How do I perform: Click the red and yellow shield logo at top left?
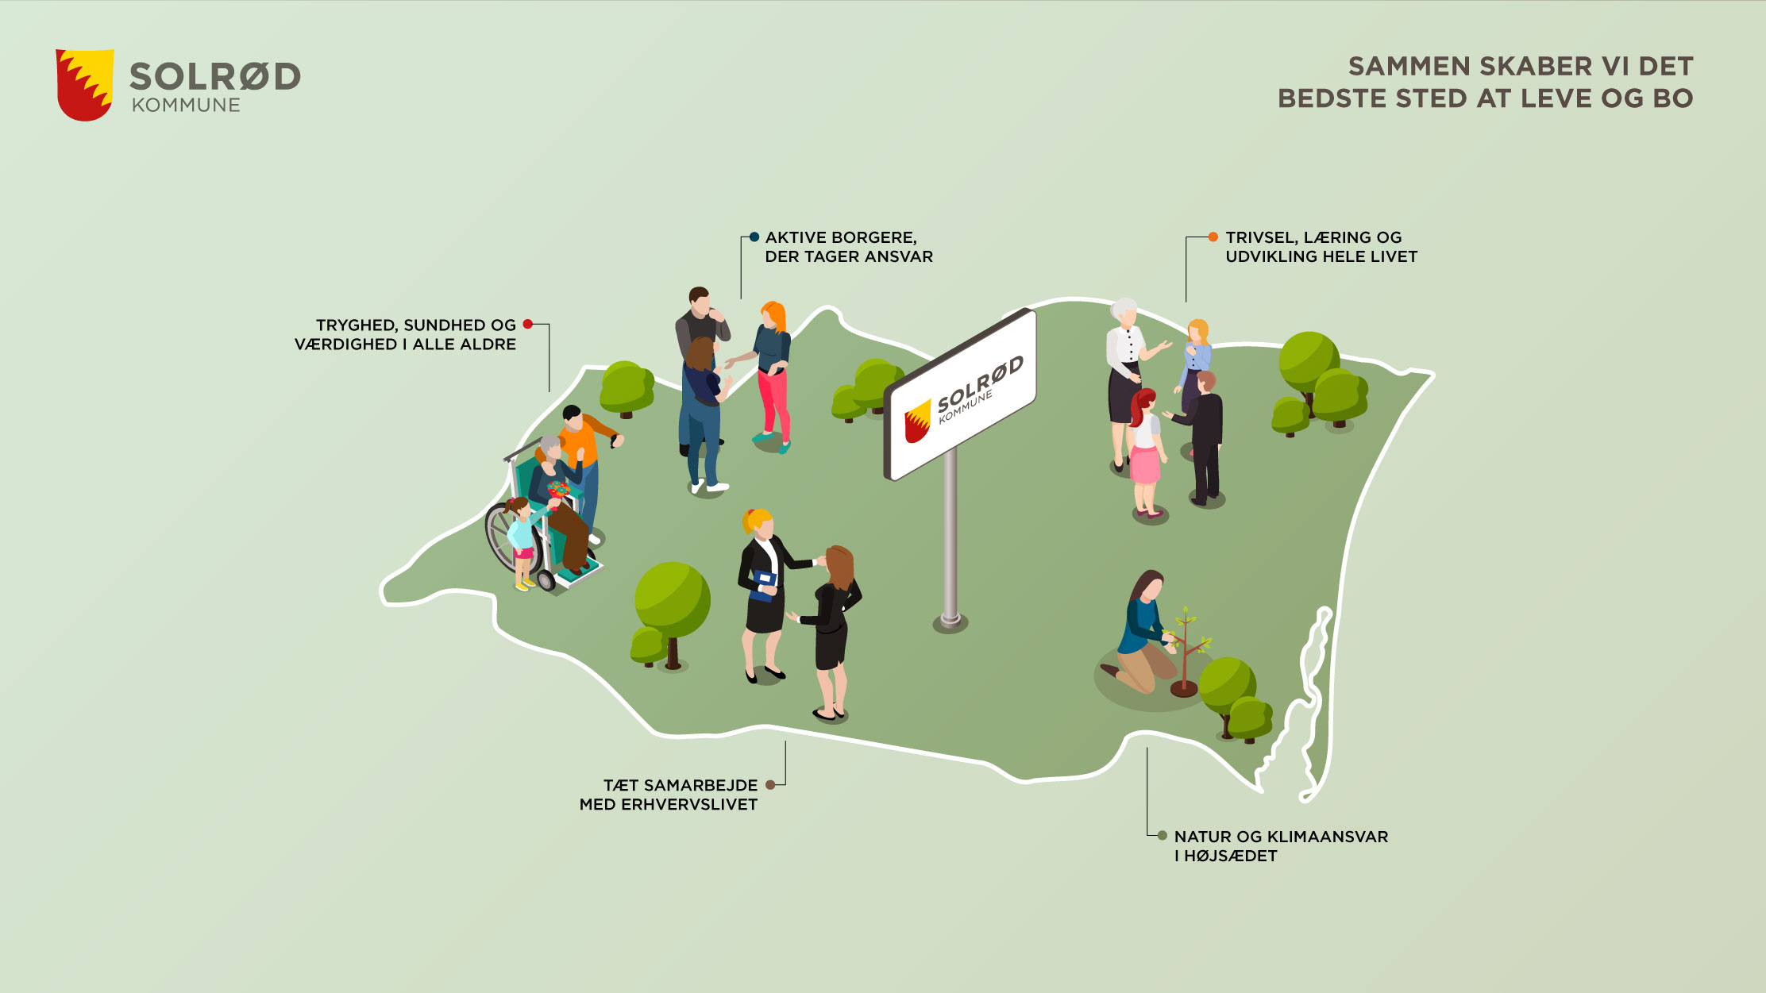(x=84, y=84)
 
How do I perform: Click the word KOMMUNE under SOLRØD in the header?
(x=186, y=106)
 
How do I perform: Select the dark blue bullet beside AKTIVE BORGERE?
(x=754, y=237)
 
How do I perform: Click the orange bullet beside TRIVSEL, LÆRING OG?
(x=1213, y=237)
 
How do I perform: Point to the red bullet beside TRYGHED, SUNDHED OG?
(x=528, y=324)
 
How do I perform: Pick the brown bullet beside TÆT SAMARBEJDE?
(x=770, y=785)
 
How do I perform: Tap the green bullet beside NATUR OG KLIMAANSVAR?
(x=1163, y=836)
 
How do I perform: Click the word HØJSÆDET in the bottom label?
(x=1231, y=856)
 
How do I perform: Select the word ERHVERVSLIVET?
(x=689, y=804)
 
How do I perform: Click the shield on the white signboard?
(x=918, y=421)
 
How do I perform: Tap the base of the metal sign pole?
(x=950, y=620)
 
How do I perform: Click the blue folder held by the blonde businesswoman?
(x=764, y=585)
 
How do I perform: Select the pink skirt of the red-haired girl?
(x=1144, y=465)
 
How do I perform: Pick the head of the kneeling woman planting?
(x=1148, y=586)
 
